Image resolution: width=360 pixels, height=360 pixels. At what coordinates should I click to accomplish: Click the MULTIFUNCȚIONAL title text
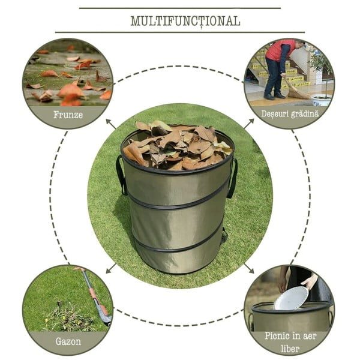tap(185, 21)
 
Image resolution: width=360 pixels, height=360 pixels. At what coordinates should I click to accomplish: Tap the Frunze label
tap(68, 115)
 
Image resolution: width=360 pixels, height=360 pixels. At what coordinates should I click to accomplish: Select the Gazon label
tap(68, 341)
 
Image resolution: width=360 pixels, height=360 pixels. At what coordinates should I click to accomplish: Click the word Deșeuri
tap(275, 114)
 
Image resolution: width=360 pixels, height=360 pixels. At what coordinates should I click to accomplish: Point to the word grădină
tap(305, 114)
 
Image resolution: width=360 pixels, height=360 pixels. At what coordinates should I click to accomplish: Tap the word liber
tap(290, 349)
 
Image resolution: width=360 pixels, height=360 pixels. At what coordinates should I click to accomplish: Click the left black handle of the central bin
tap(121, 175)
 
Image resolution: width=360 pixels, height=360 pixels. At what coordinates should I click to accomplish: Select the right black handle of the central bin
tap(232, 179)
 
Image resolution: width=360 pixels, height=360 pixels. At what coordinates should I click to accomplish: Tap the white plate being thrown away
tap(291, 298)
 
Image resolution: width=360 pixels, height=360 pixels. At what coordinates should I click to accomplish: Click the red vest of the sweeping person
tap(278, 49)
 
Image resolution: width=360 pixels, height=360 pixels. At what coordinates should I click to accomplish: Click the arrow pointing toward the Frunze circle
tap(111, 124)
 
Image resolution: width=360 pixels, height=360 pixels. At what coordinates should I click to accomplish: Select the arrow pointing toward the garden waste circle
tap(249, 124)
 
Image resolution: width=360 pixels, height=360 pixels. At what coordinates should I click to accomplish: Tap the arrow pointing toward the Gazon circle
tap(111, 268)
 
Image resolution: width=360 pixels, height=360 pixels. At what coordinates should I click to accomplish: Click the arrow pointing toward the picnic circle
tap(249, 268)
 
